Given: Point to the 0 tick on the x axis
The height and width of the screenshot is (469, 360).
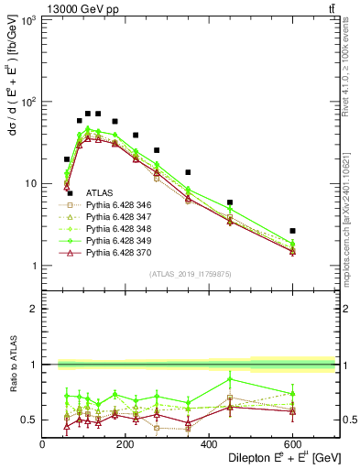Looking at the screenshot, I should point(42,443).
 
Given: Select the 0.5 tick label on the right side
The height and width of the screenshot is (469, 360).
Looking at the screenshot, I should point(348,420).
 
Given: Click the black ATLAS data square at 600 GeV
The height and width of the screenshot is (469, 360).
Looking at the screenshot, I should point(292,231).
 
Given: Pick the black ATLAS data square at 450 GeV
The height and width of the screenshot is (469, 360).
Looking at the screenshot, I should point(230,202).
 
